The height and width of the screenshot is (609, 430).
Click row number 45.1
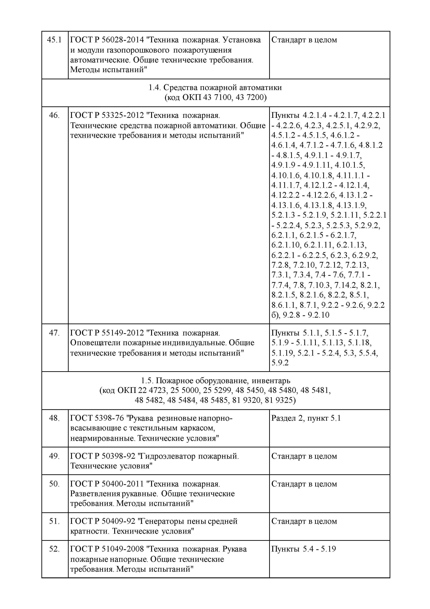pos(54,40)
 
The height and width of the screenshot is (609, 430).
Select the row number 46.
pos(54,115)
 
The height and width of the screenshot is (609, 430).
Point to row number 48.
pos(54,418)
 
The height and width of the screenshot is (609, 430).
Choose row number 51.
pos(54,521)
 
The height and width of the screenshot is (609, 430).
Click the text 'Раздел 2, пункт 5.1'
pos(306,418)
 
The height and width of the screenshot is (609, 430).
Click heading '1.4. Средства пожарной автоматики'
pos(215,87)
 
